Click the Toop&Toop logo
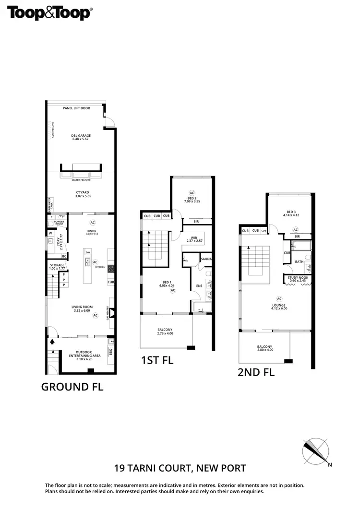point(49,13)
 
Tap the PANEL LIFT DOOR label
point(76,108)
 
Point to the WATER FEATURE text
point(81,180)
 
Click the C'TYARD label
point(80,194)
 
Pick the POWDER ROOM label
point(59,223)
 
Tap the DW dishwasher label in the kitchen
point(87,252)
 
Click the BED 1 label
point(165,284)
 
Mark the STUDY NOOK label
point(297,279)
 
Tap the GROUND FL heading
point(72,387)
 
